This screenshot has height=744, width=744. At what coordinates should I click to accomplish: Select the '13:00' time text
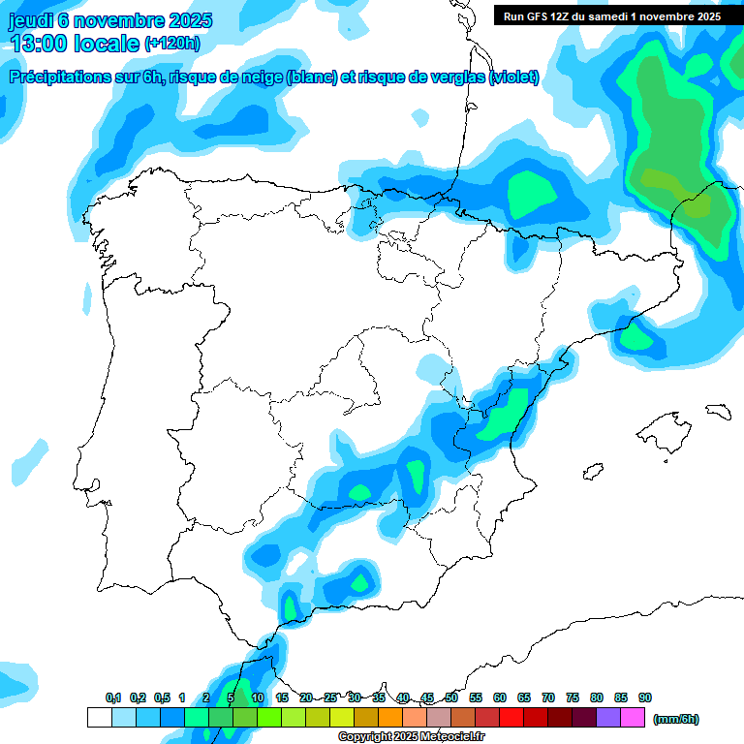pyautogui.click(x=39, y=44)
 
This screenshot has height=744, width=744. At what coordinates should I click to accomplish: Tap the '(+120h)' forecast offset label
pyautogui.click(x=172, y=44)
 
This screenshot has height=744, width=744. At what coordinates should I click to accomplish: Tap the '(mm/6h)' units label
pyautogui.click(x=675, y=719)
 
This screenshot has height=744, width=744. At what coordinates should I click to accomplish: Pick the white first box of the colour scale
pyautogui.click(x=99, y=718)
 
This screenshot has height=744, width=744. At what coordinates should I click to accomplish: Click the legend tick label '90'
pyautogui.click(x=645, y=697)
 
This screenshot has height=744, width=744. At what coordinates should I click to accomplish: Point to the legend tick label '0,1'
pyautogui.click(x=112, y=697)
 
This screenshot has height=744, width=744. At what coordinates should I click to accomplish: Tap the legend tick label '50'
pyautogui.click(x=451, y=697)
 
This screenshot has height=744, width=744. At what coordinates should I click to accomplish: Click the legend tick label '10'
pyautogui.click(x=258, y=697)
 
